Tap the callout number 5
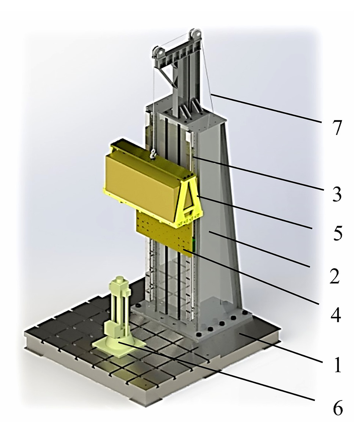337,233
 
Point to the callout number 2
335,276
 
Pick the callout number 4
336,314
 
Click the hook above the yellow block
153,154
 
